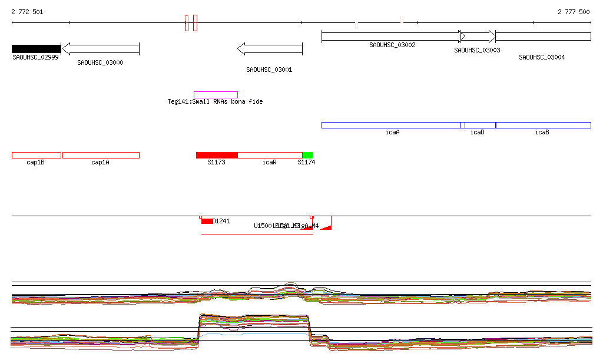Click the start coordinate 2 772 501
(x=27, y=12)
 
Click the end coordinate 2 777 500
(x=574, y=12)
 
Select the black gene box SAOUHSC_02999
(x=36, y=49)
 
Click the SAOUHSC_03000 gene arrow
(x=101, y=49)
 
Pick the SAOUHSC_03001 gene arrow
(x=270, y=49)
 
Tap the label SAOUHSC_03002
(x=392, y=45)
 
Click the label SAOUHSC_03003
(x=477, y=51)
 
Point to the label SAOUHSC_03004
(x=542, y=58)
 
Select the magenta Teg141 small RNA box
(x=216, y=95)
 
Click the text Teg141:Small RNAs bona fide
(x=215, y=102)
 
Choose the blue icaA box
(x=391, y=125)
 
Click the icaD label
(x=477, y=133)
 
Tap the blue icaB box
(x=543, y=125)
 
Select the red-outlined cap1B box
(x=36, y=155)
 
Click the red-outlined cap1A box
(x=101, y=155)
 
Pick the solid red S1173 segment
(x=217, y=155)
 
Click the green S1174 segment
(x=307, y=155)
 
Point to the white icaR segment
(x=270, y=155)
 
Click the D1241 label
(x=221, y=222)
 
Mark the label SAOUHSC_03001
(x=269, y=70)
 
